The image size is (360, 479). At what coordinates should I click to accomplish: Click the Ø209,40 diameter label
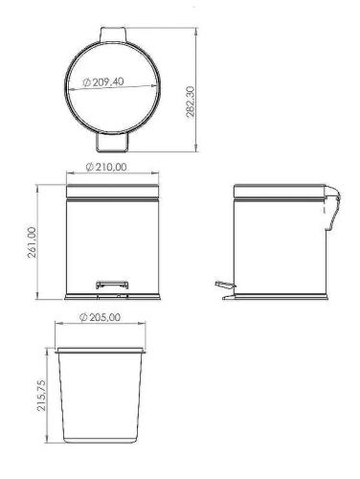tap(103, 82)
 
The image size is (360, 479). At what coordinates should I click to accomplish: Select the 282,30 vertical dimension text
tap(191, 102)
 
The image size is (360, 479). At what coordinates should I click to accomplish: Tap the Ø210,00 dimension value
tap(106, 167)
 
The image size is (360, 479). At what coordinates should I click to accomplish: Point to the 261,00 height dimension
tap(32, 242)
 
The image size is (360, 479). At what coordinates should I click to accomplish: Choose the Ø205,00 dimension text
tap(101, 317)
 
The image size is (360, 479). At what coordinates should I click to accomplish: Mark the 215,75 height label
tap(41, 395)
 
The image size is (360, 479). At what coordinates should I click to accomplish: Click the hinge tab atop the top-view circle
tap(113, 34)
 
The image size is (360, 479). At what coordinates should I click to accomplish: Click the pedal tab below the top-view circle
tap(112, 142)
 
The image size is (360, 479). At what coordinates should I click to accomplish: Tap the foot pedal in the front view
tap(112, 285)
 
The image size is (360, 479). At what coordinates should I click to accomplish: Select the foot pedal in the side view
tap(225, 285)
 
